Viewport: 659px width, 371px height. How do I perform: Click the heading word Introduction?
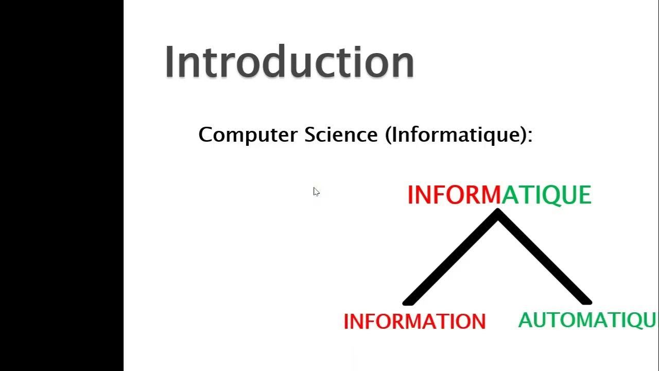pos(289,62)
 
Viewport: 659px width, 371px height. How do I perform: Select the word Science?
pos(341,134)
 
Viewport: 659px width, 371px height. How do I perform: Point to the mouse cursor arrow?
pos(316,191)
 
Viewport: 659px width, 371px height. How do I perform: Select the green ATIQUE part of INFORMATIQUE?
pos(547,195)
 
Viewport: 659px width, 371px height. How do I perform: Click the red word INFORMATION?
pos(414,322)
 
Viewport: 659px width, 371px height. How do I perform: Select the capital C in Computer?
pos(205,135)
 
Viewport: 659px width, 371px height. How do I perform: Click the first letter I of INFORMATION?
pos(346,322)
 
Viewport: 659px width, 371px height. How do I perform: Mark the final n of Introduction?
pos(403,64)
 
